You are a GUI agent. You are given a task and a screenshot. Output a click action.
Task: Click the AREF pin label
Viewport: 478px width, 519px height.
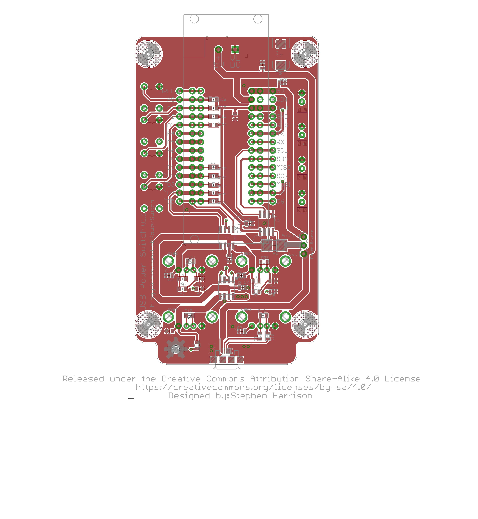(167, 91)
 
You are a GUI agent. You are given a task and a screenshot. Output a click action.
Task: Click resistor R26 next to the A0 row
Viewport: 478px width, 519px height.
(213, 99)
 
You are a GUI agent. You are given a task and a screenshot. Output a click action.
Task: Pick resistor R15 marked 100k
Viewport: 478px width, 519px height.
(213, 167)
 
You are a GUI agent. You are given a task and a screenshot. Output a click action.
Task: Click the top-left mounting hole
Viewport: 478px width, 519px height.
(149, 54)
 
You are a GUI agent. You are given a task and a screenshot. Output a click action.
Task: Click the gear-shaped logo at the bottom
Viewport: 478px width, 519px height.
(176, 349)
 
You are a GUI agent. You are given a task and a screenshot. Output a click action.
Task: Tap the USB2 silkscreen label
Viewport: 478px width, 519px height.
(172, 253)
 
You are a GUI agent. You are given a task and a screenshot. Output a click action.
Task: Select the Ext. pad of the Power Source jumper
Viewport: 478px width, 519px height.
(304, 254)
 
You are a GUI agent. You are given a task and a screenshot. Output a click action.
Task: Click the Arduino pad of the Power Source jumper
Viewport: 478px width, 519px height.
(304, 237)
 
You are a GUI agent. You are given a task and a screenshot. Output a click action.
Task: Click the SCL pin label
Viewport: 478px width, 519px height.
(282, 150)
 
